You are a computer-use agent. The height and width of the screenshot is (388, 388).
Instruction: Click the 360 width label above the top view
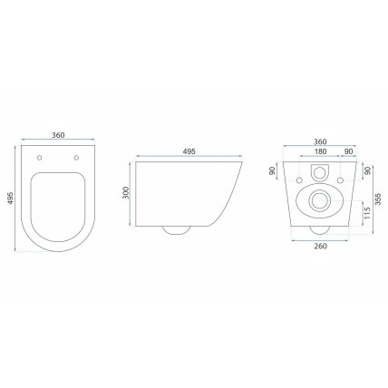click(x=58, y=135)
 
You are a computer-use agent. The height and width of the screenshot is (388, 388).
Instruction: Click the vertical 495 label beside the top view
click(x=11, y=199)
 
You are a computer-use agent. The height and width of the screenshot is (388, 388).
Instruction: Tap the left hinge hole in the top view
click(x=39, y=158)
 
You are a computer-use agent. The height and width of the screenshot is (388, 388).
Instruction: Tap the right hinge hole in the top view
click(x=76, y=158)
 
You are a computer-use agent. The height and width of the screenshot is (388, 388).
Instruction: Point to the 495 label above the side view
click(x=189, y=151)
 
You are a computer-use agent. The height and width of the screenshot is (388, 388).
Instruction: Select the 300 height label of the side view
click(x=126, y=193)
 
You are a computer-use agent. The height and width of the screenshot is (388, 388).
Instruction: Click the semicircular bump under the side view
click(x=177, y=229)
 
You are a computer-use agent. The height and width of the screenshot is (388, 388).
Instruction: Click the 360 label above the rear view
click(x=320, y=141)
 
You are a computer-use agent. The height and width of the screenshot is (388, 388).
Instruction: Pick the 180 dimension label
click(x=320, y=151)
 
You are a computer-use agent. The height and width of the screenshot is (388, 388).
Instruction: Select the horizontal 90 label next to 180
click(x=348, y=151)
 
